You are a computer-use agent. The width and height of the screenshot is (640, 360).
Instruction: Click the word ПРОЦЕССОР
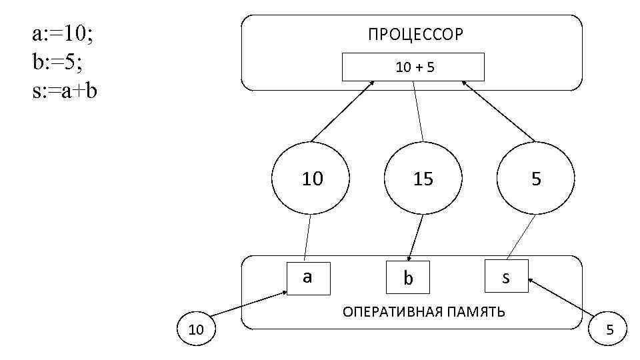(415, 35)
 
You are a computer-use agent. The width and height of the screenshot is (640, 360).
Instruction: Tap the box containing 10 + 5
(413, 67)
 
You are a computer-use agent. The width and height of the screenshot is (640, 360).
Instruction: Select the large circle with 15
(423, 179)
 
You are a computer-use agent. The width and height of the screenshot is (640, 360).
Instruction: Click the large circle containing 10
(312, 179)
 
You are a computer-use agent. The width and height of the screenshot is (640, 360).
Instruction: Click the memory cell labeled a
(307, 277)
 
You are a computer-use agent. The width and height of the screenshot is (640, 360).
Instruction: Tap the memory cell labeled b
(409, 279)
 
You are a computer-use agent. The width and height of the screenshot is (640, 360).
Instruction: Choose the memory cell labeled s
(506, 277)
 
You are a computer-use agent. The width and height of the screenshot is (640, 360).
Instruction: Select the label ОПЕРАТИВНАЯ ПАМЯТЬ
(423, 312)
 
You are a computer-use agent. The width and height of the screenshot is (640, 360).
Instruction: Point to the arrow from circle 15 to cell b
(417, 237)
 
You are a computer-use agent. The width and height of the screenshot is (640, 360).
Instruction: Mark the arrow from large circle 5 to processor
(498, 111)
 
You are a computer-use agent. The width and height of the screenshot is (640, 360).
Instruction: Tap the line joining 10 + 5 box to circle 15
(417, 111)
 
